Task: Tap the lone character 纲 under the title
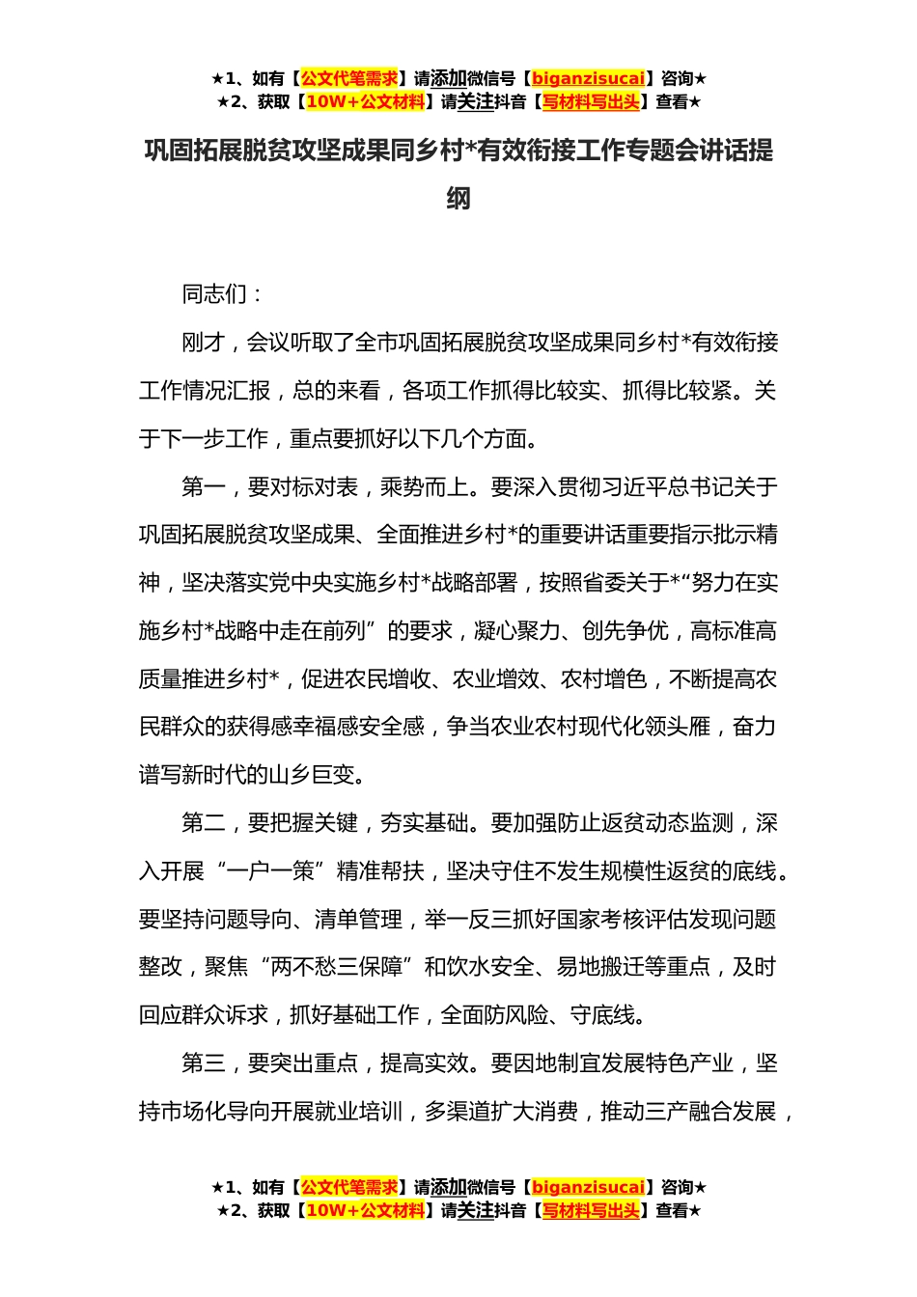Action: [458, 199]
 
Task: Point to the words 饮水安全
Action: [490, 967]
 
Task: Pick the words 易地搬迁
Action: [599, 967]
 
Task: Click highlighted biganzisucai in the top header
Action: [588, 79]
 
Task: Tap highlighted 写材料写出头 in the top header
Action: [591, 102]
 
